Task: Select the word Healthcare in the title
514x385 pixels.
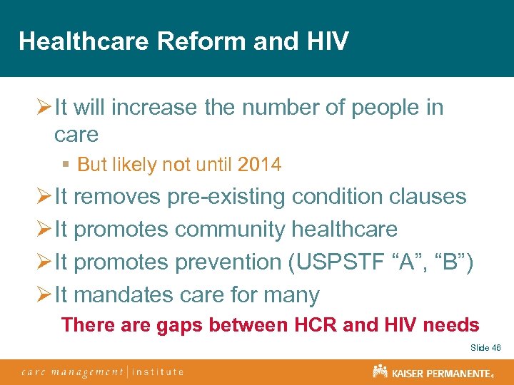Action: click(x=84, y=41)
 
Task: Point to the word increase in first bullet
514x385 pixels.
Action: click(x=151, y=108)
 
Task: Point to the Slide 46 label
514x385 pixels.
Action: click(x=485, y=347)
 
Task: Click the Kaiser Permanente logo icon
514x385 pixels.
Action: click(x=380, y=371)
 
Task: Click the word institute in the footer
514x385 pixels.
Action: click(x=158, y=371)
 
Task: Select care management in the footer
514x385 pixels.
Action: click(x=72, y=371)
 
